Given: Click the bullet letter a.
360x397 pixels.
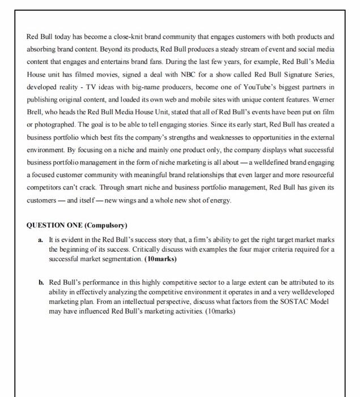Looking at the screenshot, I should [41, 240].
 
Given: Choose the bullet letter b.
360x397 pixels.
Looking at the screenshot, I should [41, 282].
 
